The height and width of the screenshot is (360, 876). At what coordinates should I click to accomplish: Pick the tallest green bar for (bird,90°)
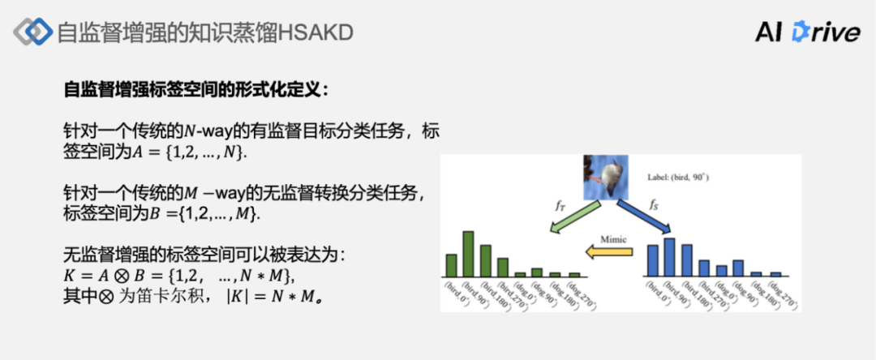click(468, 254)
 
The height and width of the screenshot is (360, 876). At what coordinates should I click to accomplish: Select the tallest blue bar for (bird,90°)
click(669, 257)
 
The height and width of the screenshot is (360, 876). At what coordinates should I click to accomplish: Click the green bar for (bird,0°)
click(450, 265)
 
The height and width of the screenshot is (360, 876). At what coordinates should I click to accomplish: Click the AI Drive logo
click(807, 32)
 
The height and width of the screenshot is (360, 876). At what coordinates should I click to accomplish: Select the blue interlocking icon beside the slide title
click(32, 32)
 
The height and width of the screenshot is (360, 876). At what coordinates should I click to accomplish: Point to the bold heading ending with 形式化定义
click(195, 90)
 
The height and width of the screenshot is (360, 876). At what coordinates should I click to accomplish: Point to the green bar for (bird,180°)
click(485, 261)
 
